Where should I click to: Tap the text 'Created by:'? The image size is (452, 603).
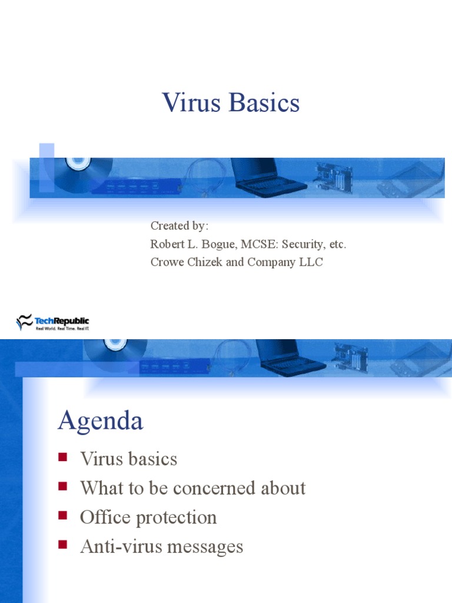coord(180,226)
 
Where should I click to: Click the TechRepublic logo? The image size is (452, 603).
coord(53,322)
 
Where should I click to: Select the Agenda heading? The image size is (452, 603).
coord(100,421)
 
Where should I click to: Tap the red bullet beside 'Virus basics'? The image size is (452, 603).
coord(62,457)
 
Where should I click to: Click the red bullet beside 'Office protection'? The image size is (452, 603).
coord(62,516)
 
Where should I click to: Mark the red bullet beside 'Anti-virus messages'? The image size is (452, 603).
coord(62,545)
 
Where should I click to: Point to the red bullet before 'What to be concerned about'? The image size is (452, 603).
coord(62,486)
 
